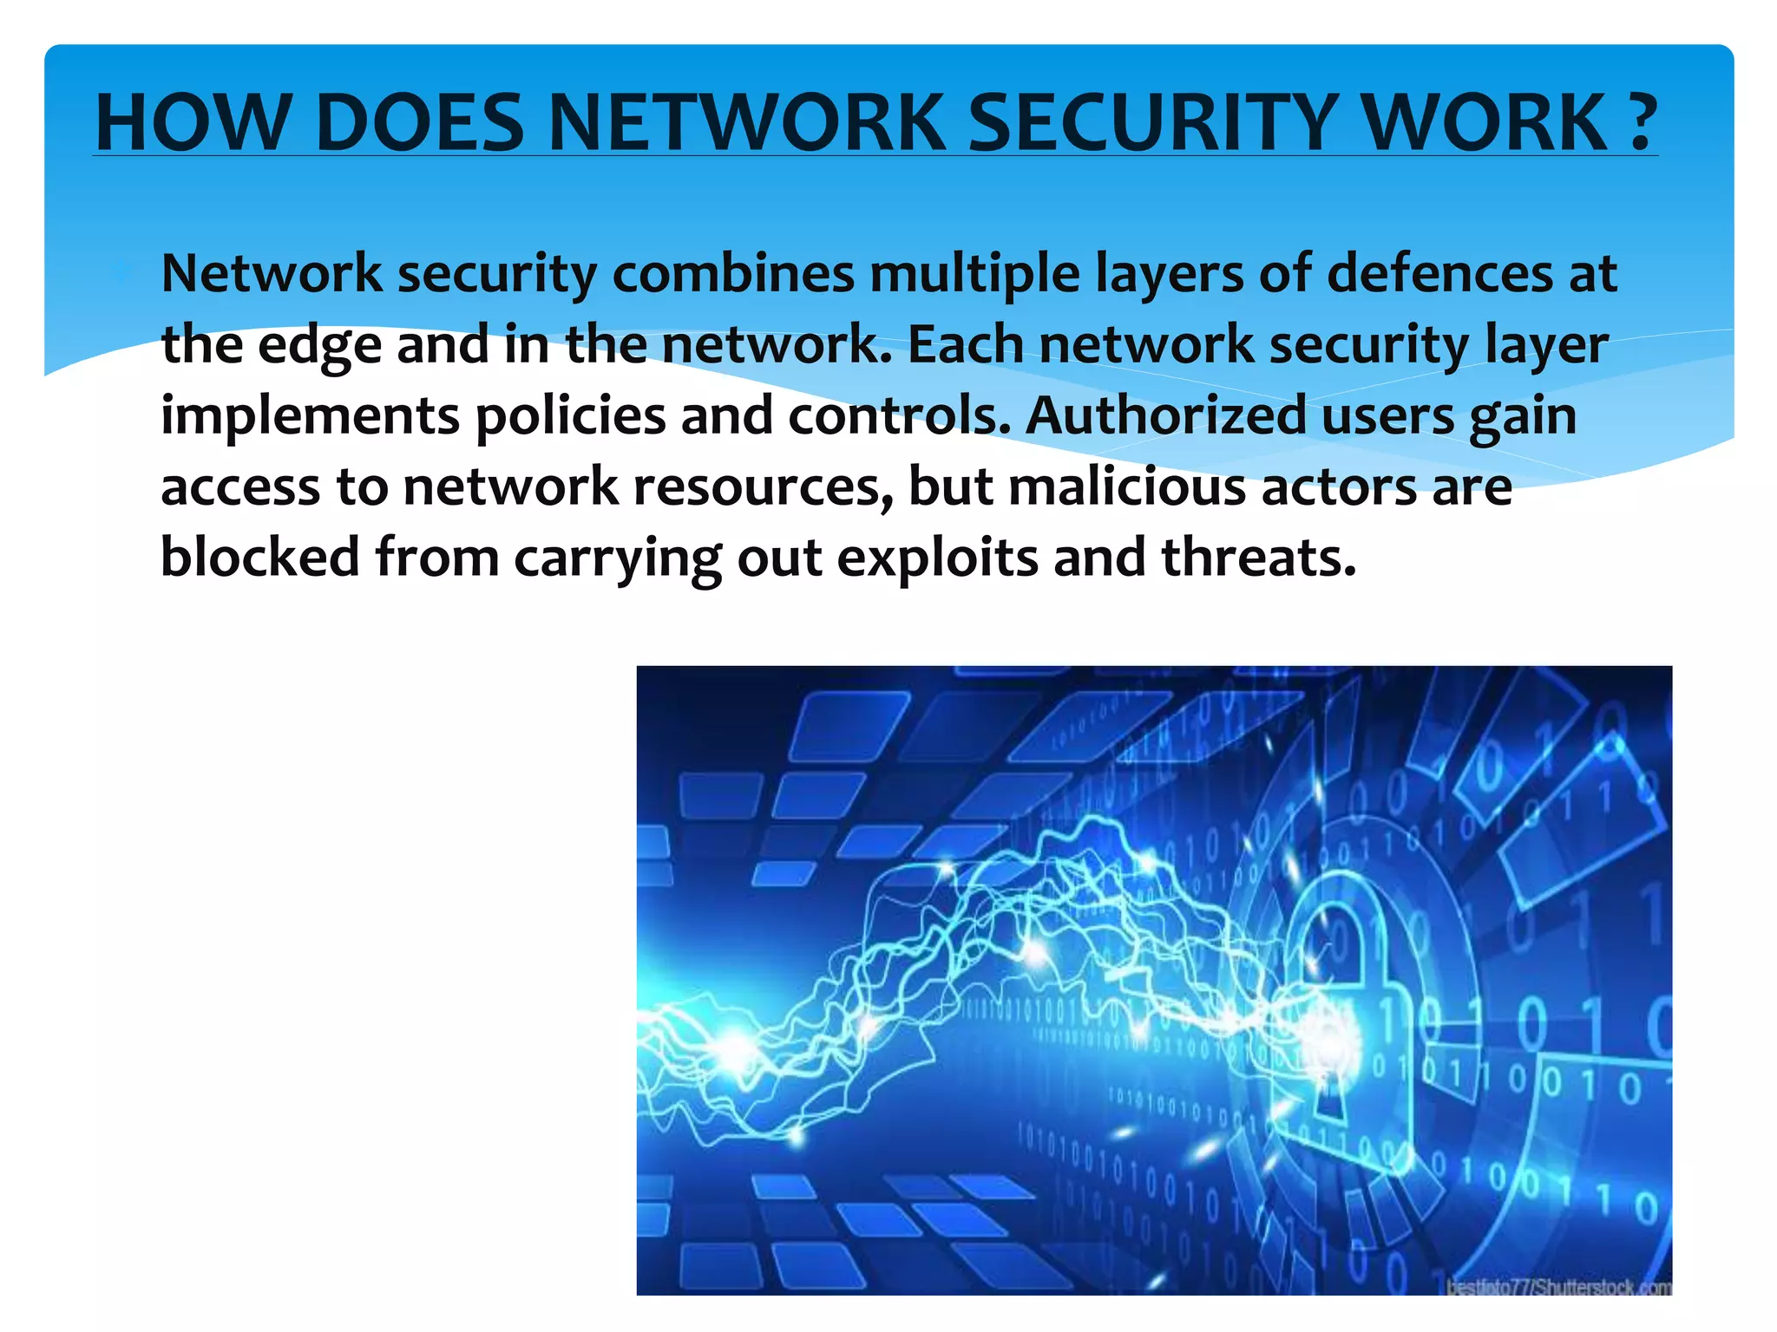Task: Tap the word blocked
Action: [259, 557]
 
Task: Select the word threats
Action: [1258, 558]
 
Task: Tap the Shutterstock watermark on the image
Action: [1558, 1287]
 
